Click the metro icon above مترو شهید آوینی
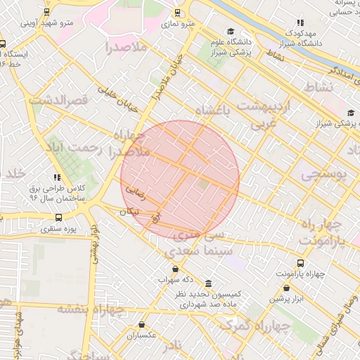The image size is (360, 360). (46, 13)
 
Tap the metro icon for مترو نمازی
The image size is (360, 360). (176, 13)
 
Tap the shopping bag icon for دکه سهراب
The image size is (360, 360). (174, 269)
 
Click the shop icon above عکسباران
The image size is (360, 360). (142, 325)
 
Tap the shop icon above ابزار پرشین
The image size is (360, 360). (286, 288)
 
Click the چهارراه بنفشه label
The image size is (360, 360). (91, 309)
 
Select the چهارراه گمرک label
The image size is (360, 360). (253, 326)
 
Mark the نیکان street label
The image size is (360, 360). (128, 212)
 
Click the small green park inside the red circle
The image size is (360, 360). (203, 184)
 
